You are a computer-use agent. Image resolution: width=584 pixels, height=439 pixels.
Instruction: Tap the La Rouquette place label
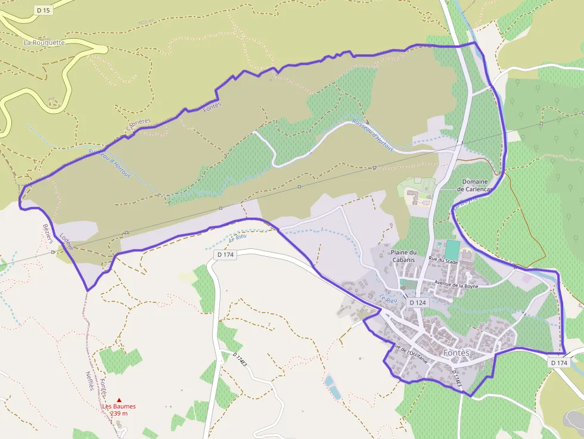(x=44, y=43)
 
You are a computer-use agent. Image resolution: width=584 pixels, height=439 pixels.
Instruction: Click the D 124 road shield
(x=418, y=303)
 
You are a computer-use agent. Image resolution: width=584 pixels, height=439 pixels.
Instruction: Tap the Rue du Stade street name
(x=443, y=260)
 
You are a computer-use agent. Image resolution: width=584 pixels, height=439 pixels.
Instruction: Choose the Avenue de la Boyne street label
(x=456, y=284)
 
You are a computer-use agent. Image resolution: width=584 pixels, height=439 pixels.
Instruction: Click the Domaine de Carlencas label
(x=476, y=185)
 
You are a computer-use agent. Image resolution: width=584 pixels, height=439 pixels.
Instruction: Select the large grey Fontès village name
(x=456, y=353)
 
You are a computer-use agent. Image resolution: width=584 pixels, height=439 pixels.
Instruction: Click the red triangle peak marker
(x=119, y=400)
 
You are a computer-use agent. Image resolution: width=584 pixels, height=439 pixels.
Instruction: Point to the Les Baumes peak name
(x=119, y=406)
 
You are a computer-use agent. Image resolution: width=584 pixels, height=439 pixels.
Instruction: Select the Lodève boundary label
(x=66, y=241)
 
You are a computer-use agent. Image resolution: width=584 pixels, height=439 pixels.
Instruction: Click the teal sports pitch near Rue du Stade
(x=452, y=249)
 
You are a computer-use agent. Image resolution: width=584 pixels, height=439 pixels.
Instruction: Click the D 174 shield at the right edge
(x=558, y=362)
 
